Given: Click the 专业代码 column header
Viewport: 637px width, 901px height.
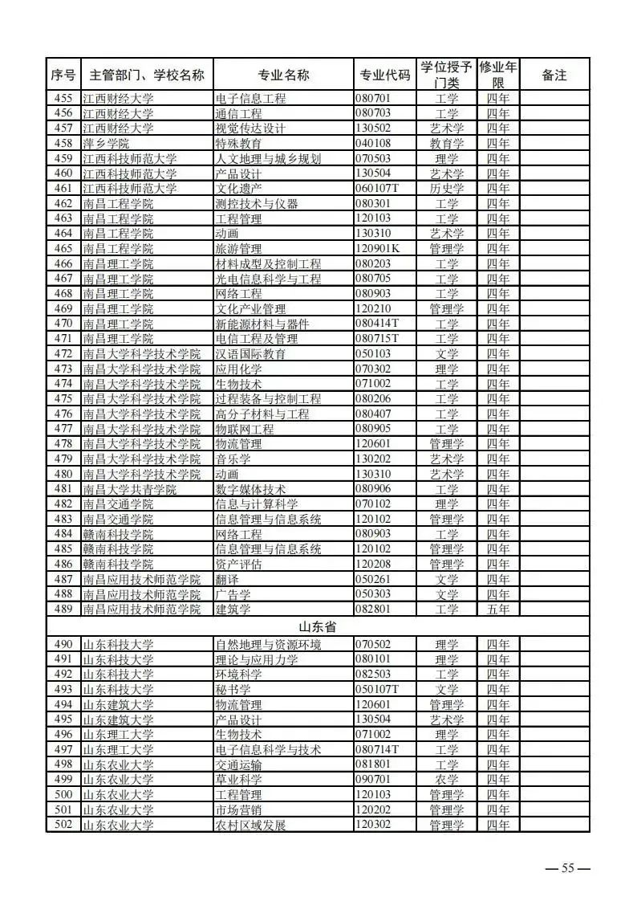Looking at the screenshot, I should [383, 75].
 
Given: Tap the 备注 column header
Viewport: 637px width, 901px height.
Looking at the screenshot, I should [554, 75].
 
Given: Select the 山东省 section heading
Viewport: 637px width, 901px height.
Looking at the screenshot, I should [317, 627].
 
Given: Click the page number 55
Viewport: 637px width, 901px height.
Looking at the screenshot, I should [567, 867].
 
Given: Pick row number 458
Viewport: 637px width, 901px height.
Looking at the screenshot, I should [63, 143].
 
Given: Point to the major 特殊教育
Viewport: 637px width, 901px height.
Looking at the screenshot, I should [239, 143].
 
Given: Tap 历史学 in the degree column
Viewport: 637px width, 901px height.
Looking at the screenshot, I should [447, 188].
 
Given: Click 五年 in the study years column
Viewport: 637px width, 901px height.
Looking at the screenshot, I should [497, 609].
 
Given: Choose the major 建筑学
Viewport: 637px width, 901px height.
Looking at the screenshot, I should [233, 609].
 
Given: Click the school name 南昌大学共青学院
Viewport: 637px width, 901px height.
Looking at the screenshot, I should [130, 489].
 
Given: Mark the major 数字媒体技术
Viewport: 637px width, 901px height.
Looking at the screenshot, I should [251, 489].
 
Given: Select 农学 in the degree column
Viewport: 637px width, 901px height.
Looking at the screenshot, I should [447, 780].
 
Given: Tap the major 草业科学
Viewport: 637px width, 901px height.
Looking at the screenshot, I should [239, 780].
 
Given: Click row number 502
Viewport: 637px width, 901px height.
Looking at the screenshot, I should [63, 825].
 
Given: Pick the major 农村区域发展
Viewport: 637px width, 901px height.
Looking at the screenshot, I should [251, 825].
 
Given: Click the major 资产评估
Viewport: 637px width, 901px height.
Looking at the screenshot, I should [239, 565].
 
